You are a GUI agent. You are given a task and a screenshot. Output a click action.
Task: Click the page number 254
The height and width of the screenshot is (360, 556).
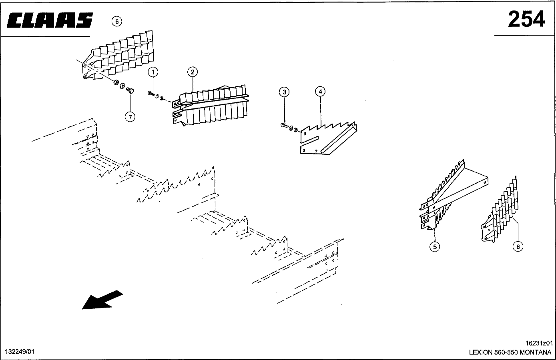click(526, 19)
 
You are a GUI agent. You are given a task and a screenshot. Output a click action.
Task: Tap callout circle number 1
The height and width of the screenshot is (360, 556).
click(153, 72)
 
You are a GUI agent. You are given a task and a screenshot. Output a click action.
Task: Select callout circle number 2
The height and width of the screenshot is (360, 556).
click(193, 72)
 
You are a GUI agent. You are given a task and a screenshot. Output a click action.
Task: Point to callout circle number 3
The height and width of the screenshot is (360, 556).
click(284, 92)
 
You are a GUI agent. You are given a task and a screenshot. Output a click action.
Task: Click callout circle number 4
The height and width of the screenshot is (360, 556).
click(320, 92)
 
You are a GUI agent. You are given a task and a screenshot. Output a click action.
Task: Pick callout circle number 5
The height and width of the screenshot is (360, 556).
click(434, 247)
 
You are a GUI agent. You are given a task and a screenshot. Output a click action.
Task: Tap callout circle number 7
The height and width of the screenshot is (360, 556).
click(130, 116)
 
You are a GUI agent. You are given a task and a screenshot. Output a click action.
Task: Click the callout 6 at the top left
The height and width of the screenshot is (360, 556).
click(116, 22)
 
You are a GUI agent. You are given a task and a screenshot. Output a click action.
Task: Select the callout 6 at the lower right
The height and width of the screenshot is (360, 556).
click(518, 247)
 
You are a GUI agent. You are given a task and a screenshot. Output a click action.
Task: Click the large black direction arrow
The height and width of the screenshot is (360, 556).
click(102, 300)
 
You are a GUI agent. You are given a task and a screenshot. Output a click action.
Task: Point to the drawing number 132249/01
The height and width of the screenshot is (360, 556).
click(20, 352)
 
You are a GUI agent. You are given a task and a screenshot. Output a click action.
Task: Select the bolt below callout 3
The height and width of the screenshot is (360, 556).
click(284, 126)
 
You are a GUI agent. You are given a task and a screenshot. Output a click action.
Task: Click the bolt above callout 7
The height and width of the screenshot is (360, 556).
click(130, 91)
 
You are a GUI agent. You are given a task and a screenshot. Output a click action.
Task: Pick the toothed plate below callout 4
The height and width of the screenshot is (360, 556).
click(328, 138)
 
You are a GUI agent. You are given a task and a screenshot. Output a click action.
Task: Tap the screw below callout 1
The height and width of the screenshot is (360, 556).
click(151, 94)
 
